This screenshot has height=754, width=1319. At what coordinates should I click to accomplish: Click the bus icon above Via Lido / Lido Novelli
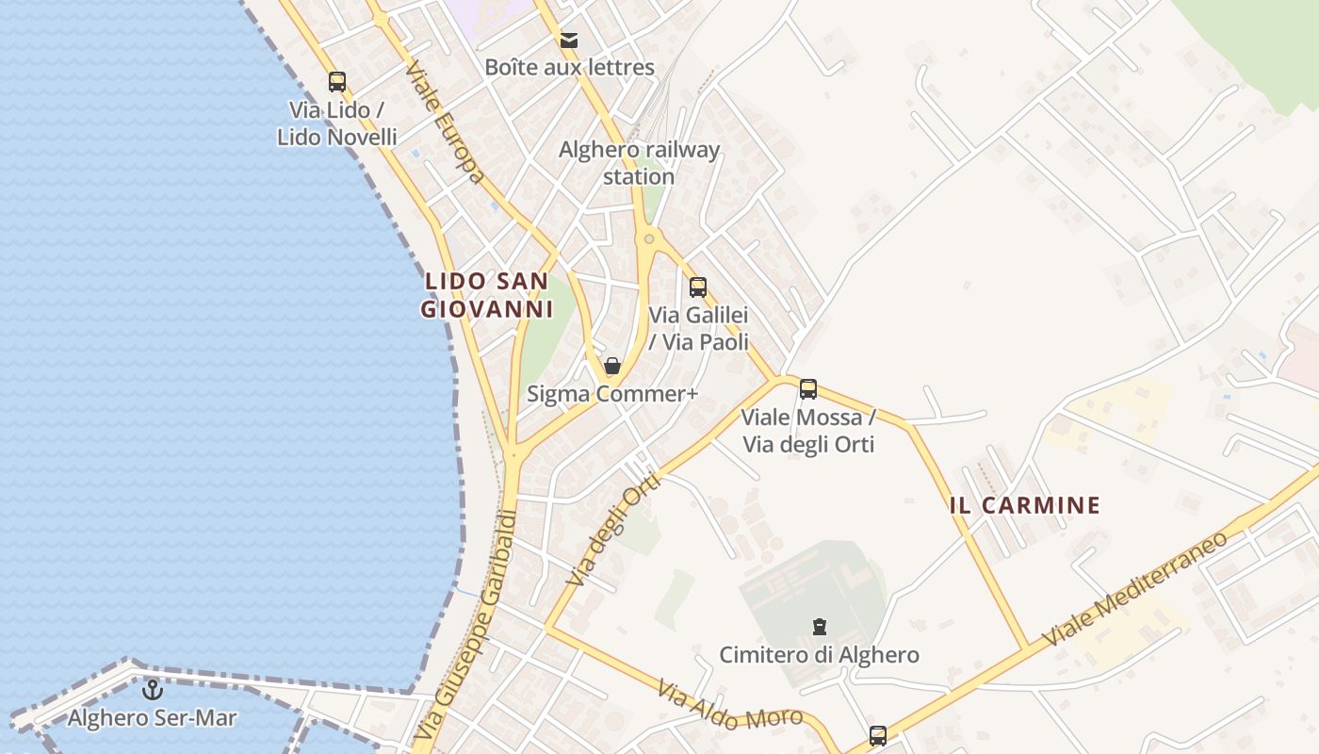[x=337, y=82]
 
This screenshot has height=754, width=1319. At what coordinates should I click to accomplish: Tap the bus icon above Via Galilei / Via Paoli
[x=698, y=287]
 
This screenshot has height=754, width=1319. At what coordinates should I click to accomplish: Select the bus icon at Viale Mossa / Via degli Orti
[x=808, y=388]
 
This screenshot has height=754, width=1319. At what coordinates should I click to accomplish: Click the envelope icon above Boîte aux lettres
[x=569, y=41]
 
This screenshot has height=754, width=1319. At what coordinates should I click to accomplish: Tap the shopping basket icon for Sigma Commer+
[x=612, y=366]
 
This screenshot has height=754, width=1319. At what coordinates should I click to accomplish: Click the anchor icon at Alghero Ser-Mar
[x=152, y=691]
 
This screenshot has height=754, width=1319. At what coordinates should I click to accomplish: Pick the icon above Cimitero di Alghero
[x=820, y=627]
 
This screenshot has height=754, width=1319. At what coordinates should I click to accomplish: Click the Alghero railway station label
[x=639, y=163]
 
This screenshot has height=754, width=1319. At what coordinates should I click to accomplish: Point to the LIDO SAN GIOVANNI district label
[x=486, y=295]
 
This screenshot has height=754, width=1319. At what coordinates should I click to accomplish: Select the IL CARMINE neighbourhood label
[x=1025, y=505]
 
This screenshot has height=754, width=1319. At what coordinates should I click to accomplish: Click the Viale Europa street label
[x=446, y=123]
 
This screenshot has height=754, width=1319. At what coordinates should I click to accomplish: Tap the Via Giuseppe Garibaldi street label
[x=467, y=625]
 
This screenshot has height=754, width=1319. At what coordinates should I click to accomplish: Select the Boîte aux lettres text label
[x=569, y=68]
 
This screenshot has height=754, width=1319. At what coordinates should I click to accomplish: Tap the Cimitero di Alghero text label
[x=819, y=654]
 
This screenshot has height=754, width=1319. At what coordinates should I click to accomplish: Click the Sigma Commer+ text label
[x=612, y=394]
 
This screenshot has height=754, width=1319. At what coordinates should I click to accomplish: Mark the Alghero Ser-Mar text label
[x=152, y=718]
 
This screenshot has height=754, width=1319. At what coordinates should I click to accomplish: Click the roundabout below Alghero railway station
[x=648, y=239]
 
